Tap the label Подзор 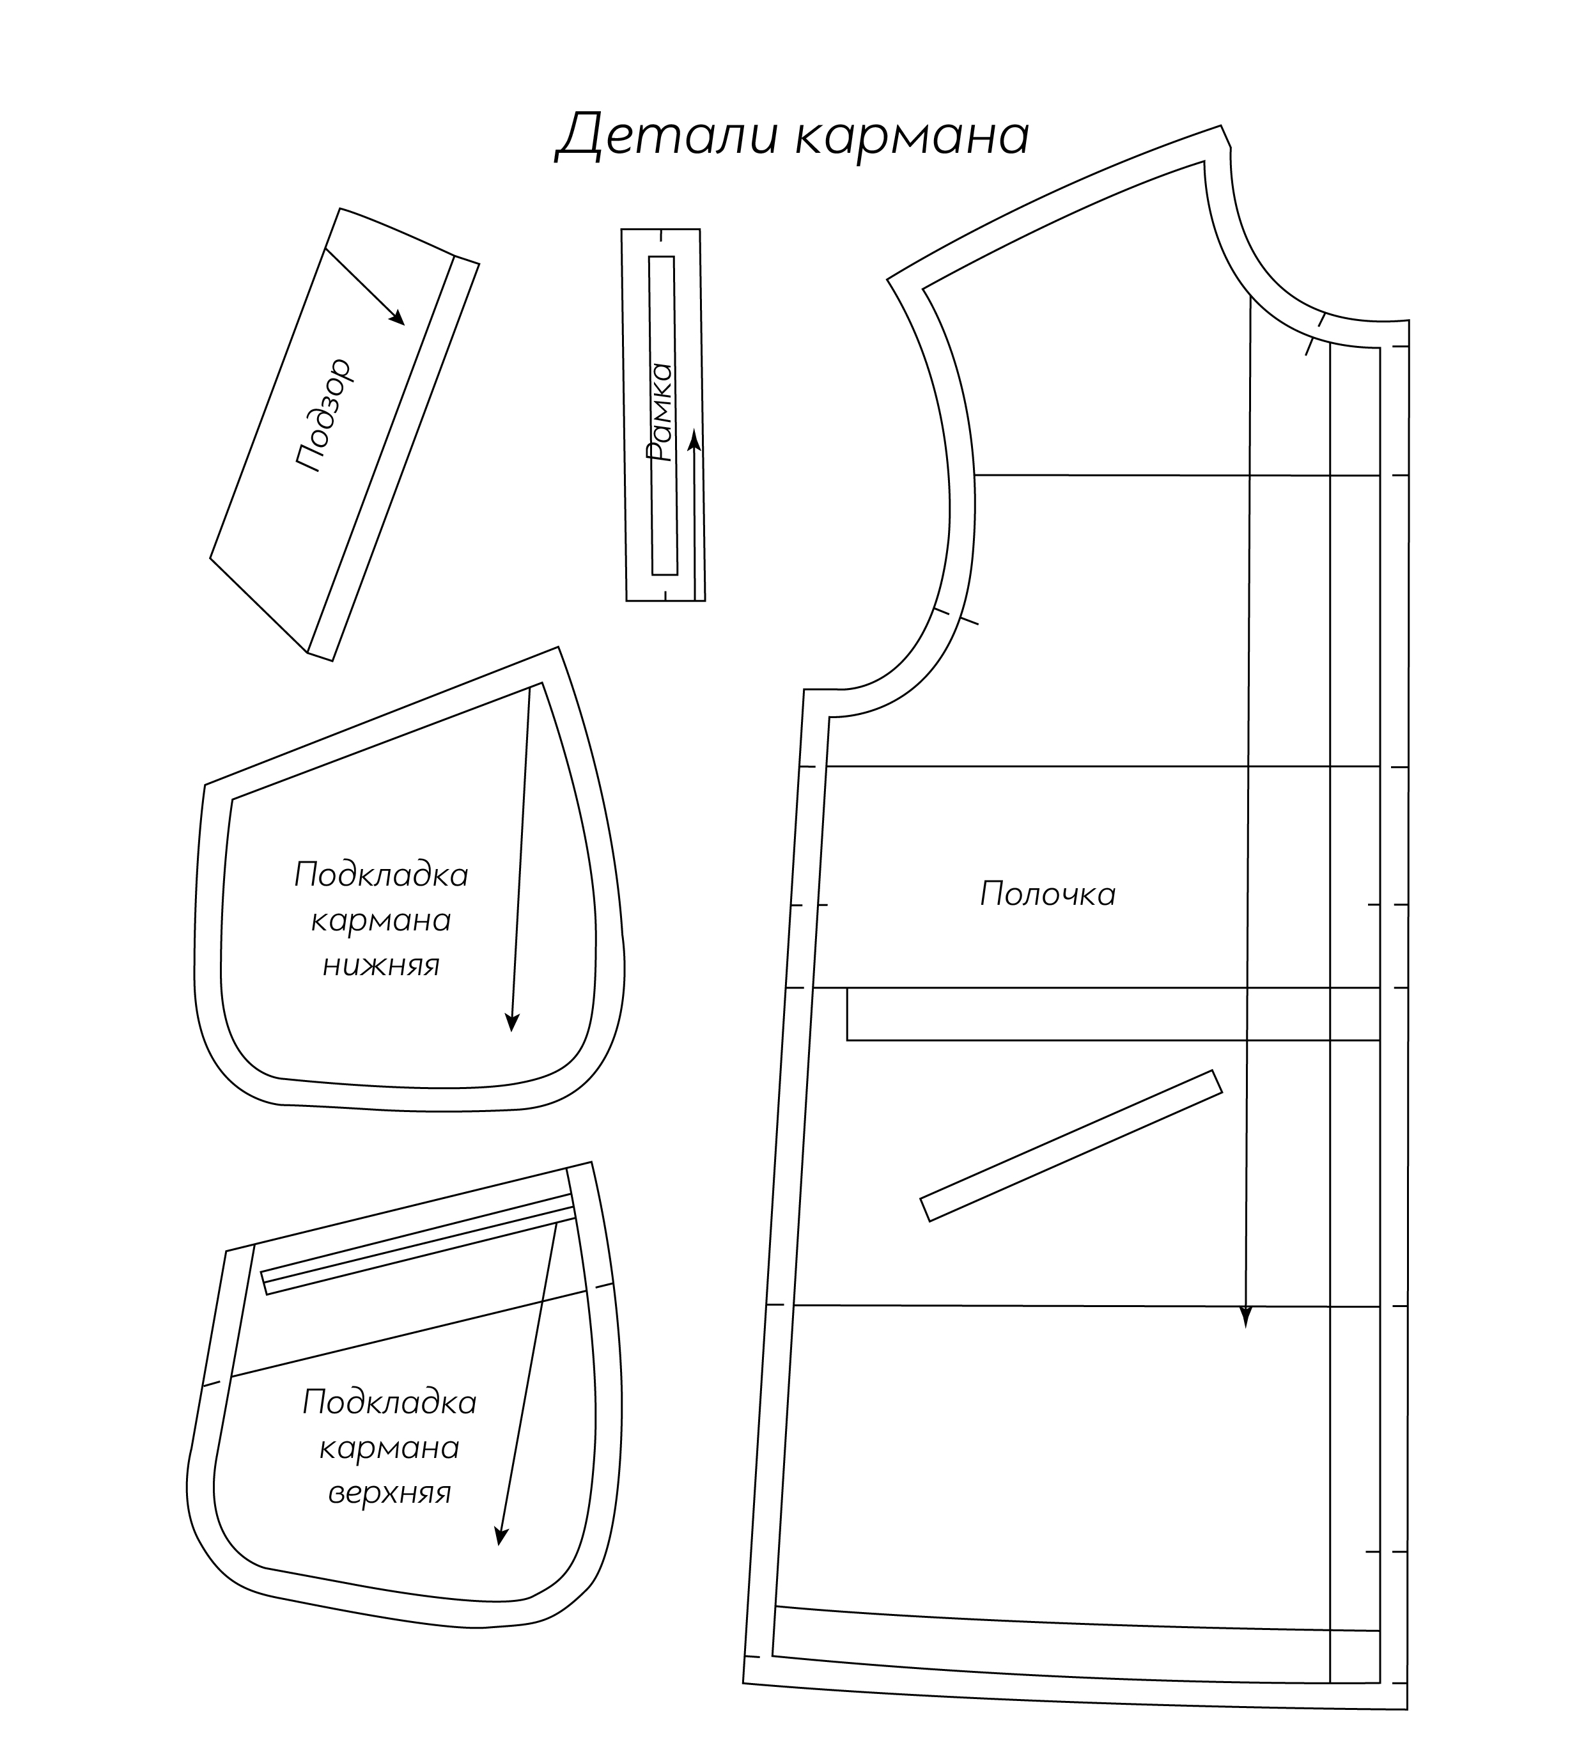pos(323,415)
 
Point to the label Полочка pos(1048,894)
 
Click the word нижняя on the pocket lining pos(382,966)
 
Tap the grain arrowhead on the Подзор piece pos(396,317)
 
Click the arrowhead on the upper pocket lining pos(500,1463)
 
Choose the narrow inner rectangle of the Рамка pos(663,416)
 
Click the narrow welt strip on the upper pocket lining pos(418,1244)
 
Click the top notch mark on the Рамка pos(662,235)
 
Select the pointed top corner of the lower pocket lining pos(557,648)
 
